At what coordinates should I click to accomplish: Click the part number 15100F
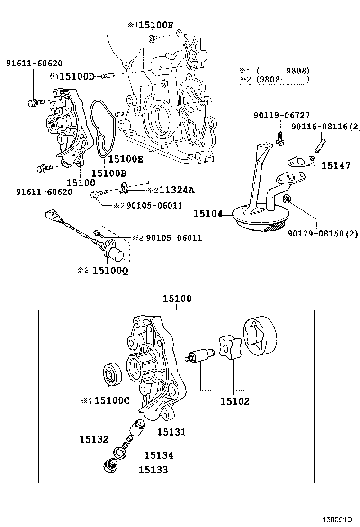pos(155,25)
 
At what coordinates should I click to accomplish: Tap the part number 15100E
pos(126,159)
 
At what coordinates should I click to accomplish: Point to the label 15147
pos(335,165)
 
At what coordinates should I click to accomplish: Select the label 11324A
pos(177,190)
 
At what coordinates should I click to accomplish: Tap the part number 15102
pos(235,401)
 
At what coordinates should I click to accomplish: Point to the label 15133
pos(153,470)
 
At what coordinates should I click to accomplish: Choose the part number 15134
pos(159,455)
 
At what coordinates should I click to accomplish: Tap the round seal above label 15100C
pos(113,374)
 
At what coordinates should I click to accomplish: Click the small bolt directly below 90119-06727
pos(280,137)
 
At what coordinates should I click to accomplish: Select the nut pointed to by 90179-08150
pos(287,199)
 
